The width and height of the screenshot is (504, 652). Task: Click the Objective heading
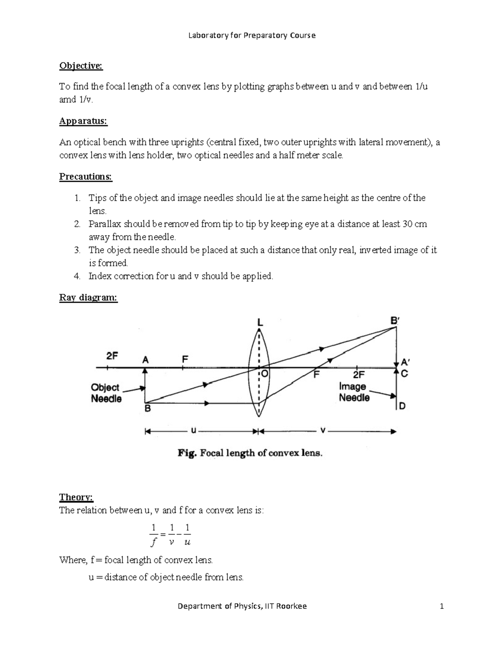(x=81, y=66)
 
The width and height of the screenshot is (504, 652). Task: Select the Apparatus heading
(x=83, y=121)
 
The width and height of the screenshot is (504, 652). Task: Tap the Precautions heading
(x=86, y=177)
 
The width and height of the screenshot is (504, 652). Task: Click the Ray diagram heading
(x=88, y=298)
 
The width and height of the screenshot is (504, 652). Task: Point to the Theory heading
(x=76, y=498)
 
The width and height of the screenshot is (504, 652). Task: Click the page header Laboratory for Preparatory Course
(x=252, y=35)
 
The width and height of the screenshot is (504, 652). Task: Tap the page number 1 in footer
(x=441, y=606)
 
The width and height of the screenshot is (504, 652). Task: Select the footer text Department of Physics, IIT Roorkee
(x=242, y=606)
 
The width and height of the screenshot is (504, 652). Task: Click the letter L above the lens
(x=260, y=322)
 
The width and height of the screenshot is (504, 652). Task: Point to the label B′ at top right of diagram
(x=395, y=320)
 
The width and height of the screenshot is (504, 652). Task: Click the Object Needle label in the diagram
(x=106, y=393)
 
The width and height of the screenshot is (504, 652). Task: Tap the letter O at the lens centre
(x=265, y=373)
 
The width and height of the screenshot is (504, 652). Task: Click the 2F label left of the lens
(x=112, y=356)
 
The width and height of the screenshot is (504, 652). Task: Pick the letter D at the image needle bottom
(x=402, y=406)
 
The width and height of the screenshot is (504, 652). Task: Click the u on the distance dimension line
(x=193, y=430)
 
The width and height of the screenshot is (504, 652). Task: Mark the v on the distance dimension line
(x=323, y=430)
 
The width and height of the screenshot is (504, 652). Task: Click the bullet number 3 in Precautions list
(x=77, y=250)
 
